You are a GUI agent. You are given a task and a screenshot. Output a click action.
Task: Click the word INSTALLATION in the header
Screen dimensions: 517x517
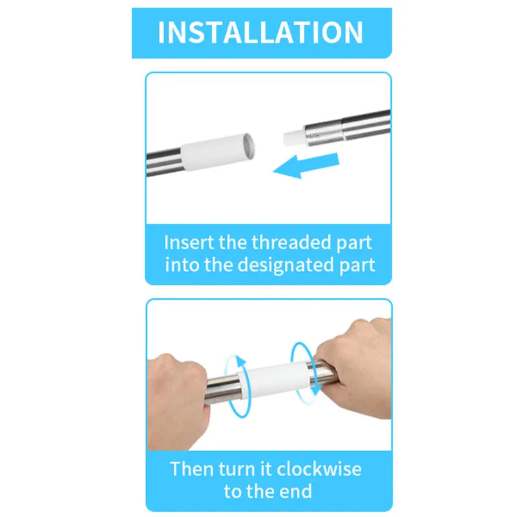[x=260, y=32]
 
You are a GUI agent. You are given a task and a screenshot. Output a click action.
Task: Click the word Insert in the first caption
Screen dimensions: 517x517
[x=186, y=243]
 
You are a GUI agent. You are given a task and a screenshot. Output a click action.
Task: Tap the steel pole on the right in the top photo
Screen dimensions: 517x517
[x=349, y=127]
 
